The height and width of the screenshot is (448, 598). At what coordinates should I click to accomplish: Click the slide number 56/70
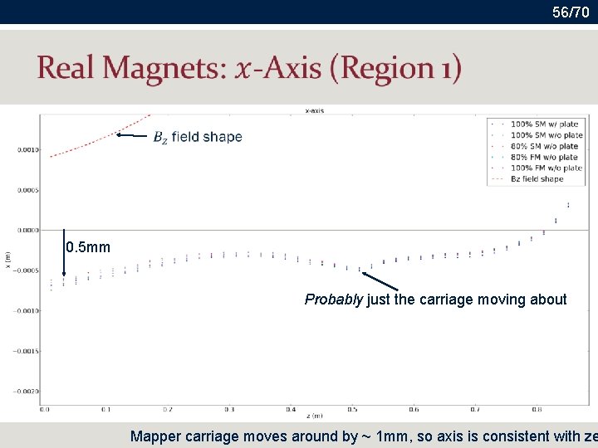pyautogui.click(x=570, y=12)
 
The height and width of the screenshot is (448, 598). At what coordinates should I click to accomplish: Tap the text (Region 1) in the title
pyautogui.click(x=395, y=68)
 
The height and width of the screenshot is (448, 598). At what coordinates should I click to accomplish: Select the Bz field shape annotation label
pyautogui.click(x=198, y=137)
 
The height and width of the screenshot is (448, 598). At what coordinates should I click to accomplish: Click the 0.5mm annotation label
pyautogui.click(x=88, y=247)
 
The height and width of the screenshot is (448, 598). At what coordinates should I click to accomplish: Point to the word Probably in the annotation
pyautogui.click(x=333, y=299)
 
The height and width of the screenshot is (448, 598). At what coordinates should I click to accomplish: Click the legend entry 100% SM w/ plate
pyautogui.click(x=544, y=124)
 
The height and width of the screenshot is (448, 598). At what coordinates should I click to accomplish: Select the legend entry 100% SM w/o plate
pyautogui.click(x=546, y=135)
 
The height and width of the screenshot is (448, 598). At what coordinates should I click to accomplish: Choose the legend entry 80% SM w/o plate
pyautogui.click(x=544, y=146)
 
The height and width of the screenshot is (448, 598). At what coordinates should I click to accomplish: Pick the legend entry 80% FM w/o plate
pyautogui.click(x=544, y=157)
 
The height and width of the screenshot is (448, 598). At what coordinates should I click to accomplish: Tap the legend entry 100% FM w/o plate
pyautogui.click(x=546, y=168)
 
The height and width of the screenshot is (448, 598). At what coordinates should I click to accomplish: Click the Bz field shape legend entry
pyautogui.click(x=537, y=178)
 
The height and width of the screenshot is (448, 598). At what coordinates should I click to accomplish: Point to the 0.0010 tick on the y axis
pyautogui.click(x=27, y=149)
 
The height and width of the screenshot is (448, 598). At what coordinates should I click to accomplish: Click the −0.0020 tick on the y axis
pyautogui.click(x=26, y=391)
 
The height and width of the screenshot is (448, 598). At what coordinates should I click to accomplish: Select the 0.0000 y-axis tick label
pyautogui.click(x=27, y=230)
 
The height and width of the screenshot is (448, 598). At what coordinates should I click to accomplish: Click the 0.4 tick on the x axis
pyautogui.click(x=291, y=409)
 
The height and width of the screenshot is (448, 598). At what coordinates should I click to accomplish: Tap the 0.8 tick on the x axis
pyautogui.click(x=536, y=409)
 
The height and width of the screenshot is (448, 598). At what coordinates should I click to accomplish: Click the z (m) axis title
pyautogui.click(x=312, y=416)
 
